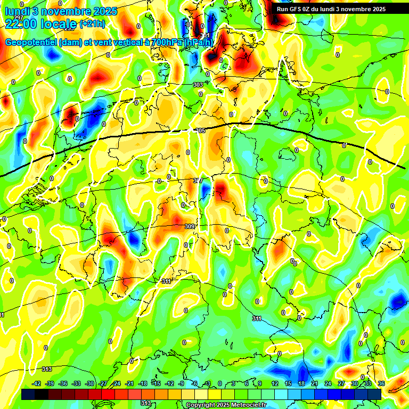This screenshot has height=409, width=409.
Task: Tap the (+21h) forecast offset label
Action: point(93,24)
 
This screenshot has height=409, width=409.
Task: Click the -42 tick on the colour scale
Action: point(36,383)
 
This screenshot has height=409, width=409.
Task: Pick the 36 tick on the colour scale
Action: point(381,383)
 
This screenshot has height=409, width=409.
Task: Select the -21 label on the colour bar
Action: point(129,383)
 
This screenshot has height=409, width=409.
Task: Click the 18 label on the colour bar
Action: point(301,383)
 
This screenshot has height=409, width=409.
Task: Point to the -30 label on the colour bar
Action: point(89,383)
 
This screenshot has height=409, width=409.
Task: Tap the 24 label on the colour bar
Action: point(328,383)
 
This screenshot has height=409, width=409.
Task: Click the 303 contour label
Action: point(198,85)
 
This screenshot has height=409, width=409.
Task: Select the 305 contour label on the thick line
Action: point(201,130)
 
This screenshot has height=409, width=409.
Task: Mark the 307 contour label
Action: point(198,181)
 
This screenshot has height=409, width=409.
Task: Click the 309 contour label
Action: point(190,226)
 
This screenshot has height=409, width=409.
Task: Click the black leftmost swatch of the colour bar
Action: point(28,394)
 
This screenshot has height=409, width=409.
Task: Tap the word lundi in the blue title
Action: point(17,11)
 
